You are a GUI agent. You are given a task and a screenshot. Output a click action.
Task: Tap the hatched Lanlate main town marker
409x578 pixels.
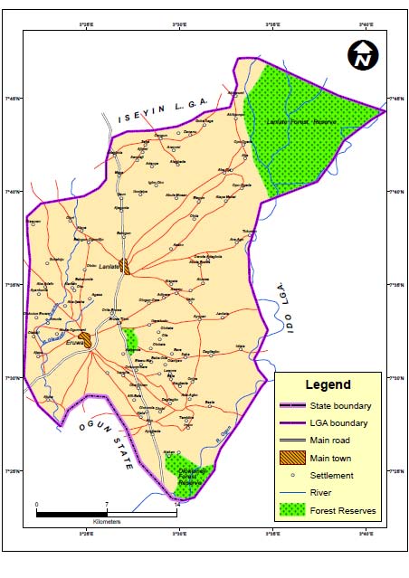127,267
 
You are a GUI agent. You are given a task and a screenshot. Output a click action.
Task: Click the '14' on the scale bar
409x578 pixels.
176,504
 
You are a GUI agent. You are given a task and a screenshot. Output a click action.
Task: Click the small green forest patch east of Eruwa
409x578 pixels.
131,339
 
